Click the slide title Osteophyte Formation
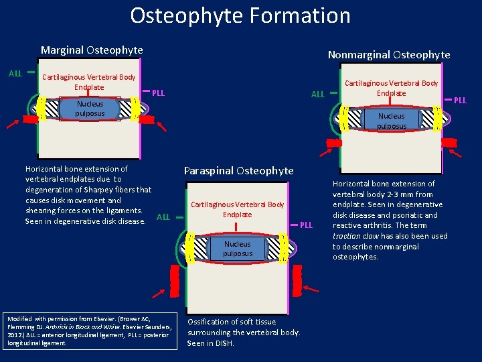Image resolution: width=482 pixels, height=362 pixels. pyautogui.click(x=240, y=15)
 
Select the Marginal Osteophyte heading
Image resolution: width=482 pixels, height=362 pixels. pyautogui.click(x=92, y=50)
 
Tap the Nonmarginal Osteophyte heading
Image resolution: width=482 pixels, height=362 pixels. pyautogui.click(x=388, y=55)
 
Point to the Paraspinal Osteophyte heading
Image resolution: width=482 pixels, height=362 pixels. pyautogui.click(x=238, y=170)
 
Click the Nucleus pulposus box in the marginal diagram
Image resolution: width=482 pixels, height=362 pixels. pyautogui.click(x=90, y=109)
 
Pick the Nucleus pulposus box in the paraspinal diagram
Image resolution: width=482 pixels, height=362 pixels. pyautogui.click(x=238, y=249)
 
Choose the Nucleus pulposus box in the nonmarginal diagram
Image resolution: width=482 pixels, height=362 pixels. pyautogui.click(x=391, y=121)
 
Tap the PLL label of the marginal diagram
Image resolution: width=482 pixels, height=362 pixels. pyautogui.click(x=159, y=93)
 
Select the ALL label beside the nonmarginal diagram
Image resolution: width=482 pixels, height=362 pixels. pyautogui.click(x=318, y=95)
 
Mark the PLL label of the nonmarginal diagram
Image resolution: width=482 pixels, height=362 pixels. pyautogui.click(x=460, y=101)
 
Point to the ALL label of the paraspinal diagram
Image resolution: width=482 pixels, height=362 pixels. pyautogui.click(x=163, y=217)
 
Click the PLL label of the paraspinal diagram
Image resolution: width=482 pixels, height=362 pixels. pyautogui.click(x=305, y=225)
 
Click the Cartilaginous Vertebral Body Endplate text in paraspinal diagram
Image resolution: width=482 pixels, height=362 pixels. pyautogui.click(x=237, y=209)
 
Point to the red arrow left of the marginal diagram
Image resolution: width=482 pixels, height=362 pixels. pyautogui.click(x=13, y=125)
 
